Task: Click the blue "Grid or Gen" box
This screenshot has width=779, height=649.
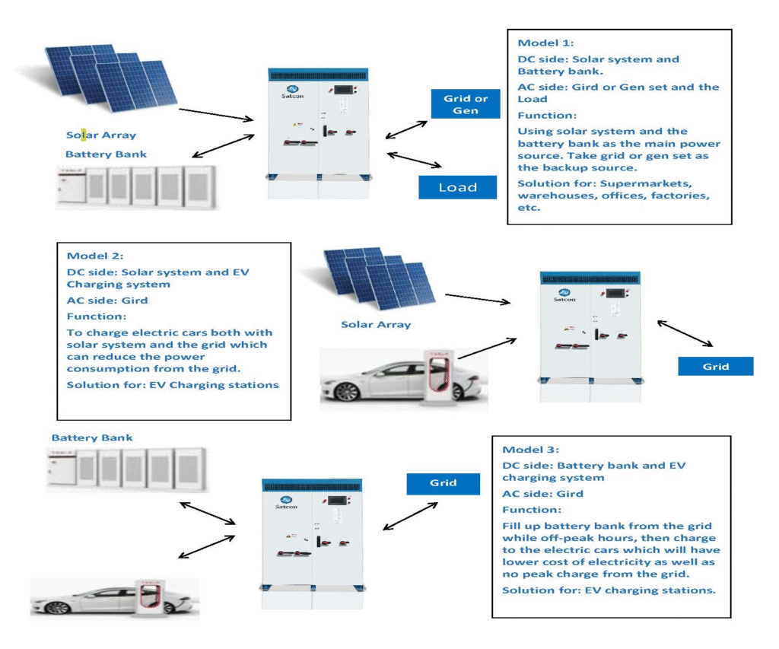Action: click(465, 103)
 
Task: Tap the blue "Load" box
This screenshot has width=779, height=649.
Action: click(457, 187)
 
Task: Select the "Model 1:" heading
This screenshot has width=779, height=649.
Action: click(545, 43)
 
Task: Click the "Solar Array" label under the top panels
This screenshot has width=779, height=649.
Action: click(101, 135)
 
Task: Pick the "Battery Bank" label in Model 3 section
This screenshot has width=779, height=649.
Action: click(92, 438)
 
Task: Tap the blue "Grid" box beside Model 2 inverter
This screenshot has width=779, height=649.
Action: click(715, 367)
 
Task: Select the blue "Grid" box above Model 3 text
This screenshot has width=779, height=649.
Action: click(443, 482)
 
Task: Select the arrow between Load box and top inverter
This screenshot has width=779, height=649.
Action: click(415, 160)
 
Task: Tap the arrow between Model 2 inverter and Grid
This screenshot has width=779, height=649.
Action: click(685, 334)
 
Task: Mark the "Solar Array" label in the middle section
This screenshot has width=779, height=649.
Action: click(375, 325)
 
